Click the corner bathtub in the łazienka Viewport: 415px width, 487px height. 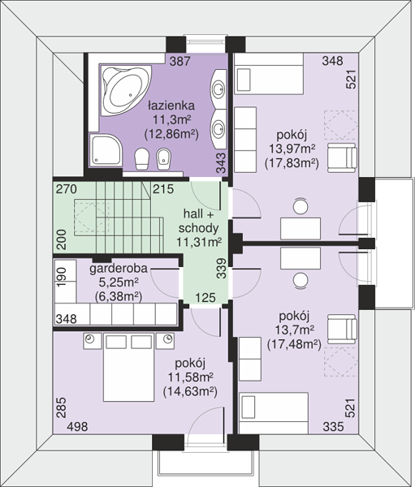pos(126,91)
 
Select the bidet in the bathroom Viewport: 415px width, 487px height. pos(163,159)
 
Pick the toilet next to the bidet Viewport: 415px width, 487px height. pos(142,159)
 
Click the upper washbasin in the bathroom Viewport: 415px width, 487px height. pos(218,88)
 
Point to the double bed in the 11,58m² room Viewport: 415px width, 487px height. pos(128,368)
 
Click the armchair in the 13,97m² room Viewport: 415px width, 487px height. pos(342,157)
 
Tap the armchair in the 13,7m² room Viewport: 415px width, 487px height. pos(342,330)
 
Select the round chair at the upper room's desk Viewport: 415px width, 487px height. pos(300,206)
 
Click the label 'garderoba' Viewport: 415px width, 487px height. pos(119,269)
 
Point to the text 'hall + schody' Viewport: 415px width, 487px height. pos(199,221)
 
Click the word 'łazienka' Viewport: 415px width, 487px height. pos(171,106)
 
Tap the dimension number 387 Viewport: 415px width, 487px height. pos(179,61)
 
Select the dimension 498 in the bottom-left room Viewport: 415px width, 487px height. pos(77,427)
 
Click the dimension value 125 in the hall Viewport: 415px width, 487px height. pos(205,298)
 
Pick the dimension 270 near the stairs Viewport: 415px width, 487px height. pos(67,189)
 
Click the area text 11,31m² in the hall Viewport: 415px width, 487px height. pos(199,242)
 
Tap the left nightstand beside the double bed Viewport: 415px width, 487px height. pos(92,341)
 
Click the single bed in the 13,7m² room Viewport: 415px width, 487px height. pos(274,413)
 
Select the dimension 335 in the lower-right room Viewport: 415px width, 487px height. pos(333,427)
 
